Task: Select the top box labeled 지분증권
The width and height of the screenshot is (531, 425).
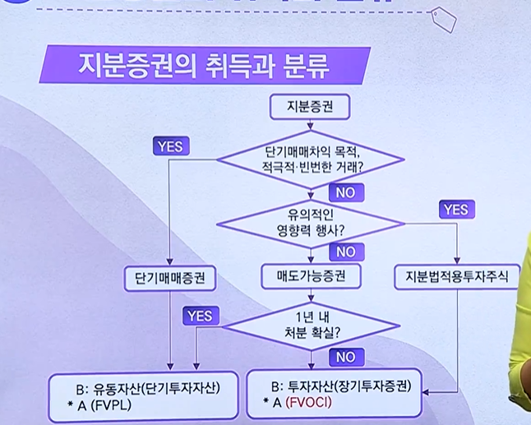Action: (310, 106)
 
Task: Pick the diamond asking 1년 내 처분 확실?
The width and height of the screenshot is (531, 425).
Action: (310, 326)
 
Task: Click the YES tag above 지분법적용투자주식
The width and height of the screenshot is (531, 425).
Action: (457, 210)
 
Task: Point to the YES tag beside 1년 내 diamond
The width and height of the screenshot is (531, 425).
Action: (200, 315)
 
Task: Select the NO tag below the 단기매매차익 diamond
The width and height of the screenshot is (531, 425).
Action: (344, 192)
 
